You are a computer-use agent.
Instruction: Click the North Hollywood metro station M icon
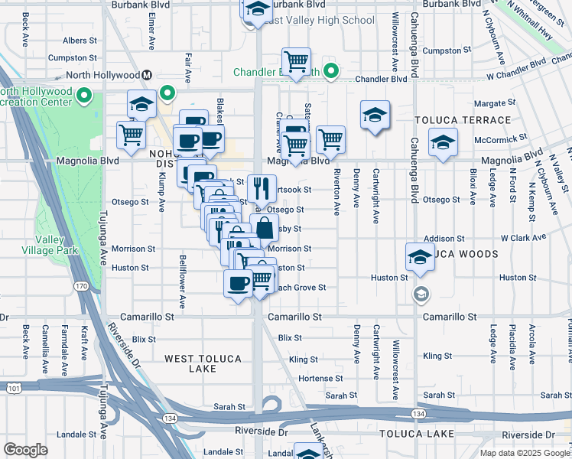point(146,75)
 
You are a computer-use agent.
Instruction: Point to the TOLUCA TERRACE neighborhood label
point(463,121)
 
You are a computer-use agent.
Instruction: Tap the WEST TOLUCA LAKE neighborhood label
point(203,363)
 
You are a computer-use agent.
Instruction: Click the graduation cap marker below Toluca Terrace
point(442,143)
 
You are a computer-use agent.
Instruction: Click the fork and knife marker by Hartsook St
point(262,187)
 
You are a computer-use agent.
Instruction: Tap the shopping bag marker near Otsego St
point(264,227)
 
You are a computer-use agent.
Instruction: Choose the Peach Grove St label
point(302,288)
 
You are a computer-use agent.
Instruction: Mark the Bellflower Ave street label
point(183,282)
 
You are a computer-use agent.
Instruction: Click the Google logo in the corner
point(25,450)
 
